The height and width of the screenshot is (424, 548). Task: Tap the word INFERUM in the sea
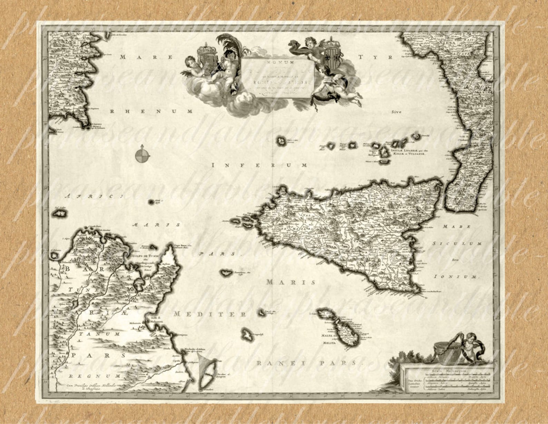tap(260, 165)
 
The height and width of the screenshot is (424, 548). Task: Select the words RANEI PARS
tap(306, 363)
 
